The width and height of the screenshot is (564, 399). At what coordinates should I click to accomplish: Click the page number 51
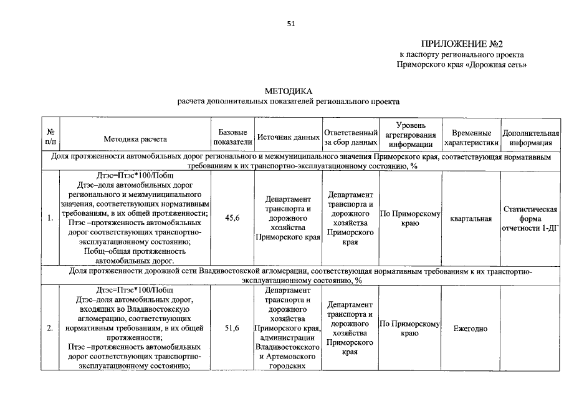290,24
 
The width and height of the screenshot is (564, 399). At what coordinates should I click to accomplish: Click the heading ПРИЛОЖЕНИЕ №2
462,44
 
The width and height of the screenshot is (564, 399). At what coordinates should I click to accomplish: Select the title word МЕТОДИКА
287,92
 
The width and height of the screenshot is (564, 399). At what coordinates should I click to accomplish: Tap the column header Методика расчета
135,138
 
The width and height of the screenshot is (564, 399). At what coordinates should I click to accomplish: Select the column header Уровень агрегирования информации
409,134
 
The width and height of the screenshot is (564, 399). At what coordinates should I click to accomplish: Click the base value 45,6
232,218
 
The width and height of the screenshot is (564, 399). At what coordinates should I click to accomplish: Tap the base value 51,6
232,329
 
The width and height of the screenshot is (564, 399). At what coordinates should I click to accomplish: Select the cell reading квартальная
471,219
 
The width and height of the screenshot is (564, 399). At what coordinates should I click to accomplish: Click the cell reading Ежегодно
471,329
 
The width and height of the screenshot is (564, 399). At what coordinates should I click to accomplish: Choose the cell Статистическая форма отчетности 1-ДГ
530,219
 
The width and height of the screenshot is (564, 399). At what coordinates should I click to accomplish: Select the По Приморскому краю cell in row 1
409,219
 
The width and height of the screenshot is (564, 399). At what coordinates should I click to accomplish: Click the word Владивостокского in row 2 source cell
288,347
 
